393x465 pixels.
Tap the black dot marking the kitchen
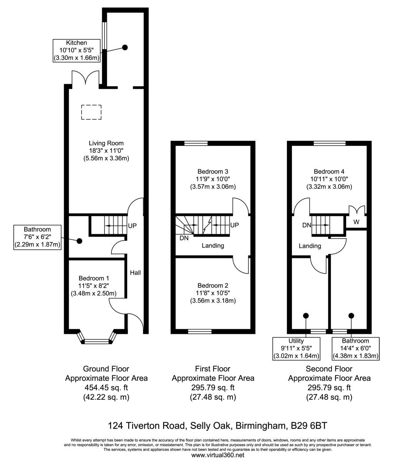tap(125, 47)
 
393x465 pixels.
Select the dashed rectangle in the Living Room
tap(91, 112)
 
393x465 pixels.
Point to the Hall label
tap(135, 273)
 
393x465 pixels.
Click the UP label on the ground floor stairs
tap(132, 226)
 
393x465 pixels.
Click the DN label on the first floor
tap(184, 238)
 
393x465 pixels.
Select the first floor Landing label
tap(213, 245)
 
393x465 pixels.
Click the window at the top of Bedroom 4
tap(330, 143)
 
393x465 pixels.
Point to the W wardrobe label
tap(357, 222)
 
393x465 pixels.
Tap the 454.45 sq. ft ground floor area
tap(106, 388)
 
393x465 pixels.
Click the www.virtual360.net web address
tap(217, 455)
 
